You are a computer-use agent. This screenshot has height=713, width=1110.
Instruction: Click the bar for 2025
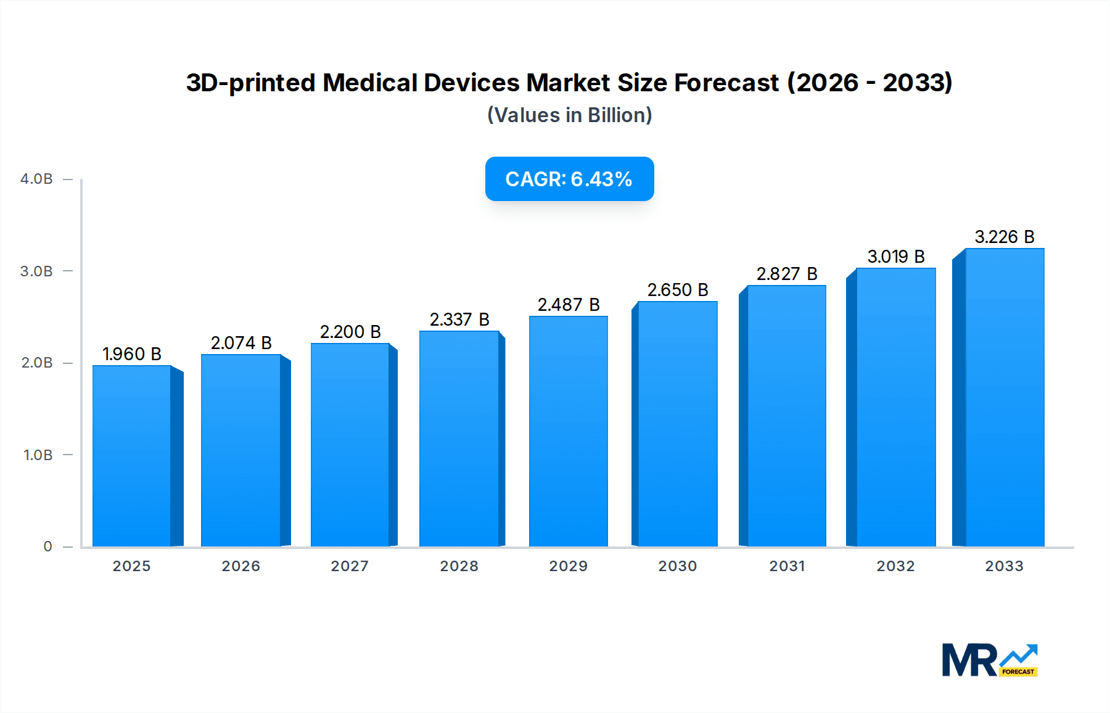132,456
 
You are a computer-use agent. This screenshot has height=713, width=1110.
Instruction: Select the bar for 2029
569,432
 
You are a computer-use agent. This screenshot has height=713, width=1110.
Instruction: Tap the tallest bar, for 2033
1004,398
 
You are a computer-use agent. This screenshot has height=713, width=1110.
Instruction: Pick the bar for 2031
786,416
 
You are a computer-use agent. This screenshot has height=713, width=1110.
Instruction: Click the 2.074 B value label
241,343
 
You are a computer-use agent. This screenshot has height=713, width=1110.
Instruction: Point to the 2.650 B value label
678,290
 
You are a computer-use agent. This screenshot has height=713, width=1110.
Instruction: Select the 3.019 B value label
896,257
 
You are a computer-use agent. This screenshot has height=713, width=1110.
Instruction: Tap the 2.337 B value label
459,319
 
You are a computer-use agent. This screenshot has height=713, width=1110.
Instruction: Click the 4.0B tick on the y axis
36,179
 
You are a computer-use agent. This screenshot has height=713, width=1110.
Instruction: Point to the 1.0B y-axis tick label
38,455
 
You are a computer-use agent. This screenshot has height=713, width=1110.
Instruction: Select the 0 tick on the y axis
47,546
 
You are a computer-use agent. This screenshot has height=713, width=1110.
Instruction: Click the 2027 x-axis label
350,566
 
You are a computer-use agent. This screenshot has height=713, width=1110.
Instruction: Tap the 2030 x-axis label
678,566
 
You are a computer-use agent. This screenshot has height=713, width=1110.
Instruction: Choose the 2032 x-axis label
896,566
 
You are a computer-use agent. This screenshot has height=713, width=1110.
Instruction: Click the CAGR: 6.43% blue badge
569,179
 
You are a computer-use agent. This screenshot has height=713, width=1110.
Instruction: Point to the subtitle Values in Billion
569,115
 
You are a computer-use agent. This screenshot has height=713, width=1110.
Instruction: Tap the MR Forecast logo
989,660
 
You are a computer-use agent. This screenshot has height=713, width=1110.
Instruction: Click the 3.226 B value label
1004,237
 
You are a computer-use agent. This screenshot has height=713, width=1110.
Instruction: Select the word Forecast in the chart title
726,83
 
